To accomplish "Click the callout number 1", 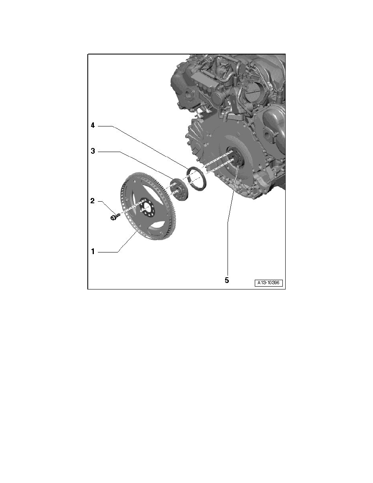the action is click(93, 252).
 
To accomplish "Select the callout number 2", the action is click(93, 201).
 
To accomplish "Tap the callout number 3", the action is click(93, 151).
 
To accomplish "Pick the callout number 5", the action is click(227, 280).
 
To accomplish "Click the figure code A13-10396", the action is click(268, 283).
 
